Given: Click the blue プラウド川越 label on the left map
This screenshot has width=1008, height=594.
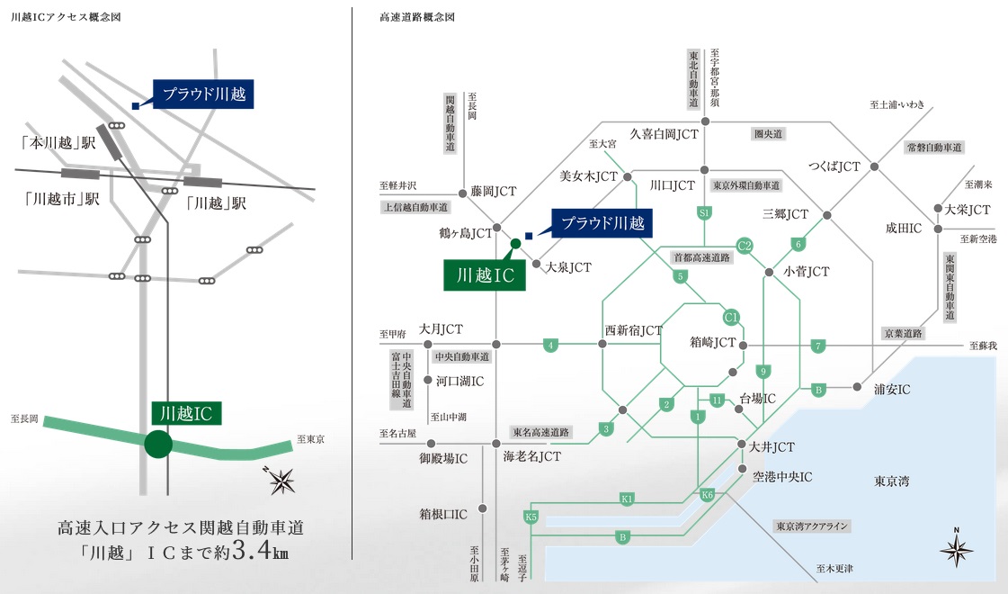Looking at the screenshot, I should coord(205,94).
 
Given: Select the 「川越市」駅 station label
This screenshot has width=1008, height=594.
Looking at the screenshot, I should coord(62,200).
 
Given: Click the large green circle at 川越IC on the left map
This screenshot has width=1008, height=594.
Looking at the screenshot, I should coord(158,445).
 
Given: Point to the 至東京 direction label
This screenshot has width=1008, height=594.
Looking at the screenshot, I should coord(309,440).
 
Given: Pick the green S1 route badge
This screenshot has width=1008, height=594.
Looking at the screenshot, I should coord(705,213).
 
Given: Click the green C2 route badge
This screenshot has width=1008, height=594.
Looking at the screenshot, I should coord(745,244).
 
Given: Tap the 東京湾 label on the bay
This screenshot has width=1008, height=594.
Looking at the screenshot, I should coord(891,481).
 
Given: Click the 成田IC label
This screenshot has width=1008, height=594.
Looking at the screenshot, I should coord(904,229).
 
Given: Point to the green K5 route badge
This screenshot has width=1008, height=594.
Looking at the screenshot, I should coord(531,517).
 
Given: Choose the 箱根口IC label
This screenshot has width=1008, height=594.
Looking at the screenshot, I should coord(442,515).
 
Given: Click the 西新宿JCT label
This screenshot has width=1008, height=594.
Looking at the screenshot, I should coord(633,330).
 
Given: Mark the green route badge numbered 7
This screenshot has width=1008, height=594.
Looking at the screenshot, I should coord(818,346).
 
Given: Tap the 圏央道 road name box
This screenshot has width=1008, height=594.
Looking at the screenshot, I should coord(769,133).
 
